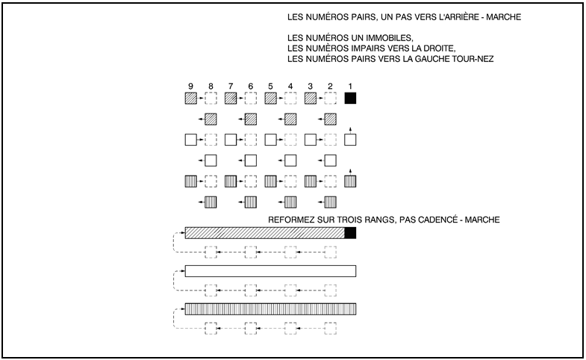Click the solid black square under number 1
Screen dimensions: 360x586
click(x=350, y=98)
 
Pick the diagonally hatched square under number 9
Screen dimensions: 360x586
click(x=190, y=98)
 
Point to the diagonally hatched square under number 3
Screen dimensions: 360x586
click(x=311, y=98)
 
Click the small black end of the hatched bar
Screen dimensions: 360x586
click(x=350, y=233)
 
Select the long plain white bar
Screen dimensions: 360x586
click(x=270, y=271)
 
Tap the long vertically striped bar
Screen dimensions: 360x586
click(x=270, y=309)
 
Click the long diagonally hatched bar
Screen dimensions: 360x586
click(x=265, y=233)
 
